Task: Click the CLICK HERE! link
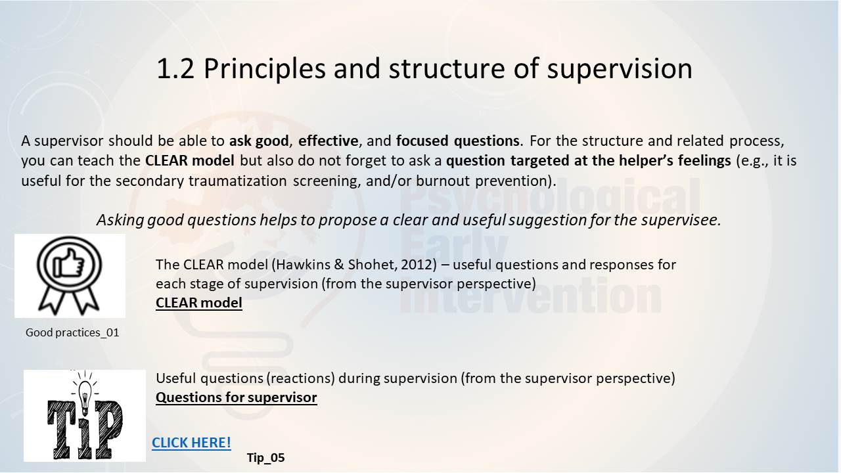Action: pos(191,443)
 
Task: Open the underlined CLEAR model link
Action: pos(198,303)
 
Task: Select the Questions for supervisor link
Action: pos(236,397)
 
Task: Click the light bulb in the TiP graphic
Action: pos(85,394)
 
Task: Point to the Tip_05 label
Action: pos(266,458)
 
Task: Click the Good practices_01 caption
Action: pos(72,332)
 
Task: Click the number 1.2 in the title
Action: pos(175,69)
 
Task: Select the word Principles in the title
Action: pos(264,70)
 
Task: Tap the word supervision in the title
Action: pos(619,70)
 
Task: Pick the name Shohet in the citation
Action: pos(372,265)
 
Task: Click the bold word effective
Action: pos(328,141)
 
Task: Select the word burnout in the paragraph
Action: pos(443,181)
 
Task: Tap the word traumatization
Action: pos(238,181)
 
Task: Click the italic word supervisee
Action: pos(681,220)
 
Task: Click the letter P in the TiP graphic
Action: pos(109,430)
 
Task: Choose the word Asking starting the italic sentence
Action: pos(120,220)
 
